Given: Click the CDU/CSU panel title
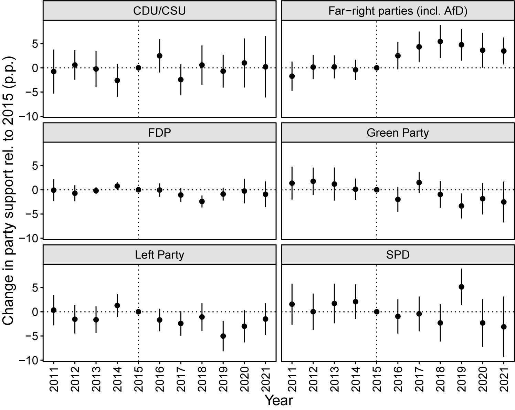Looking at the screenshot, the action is [159, 11].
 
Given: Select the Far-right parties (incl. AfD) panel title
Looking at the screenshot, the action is [398, 11].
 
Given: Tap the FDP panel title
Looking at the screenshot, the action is [159, 133].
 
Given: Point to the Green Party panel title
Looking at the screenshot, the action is [398, 133].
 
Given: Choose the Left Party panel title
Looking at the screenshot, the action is [159, 255].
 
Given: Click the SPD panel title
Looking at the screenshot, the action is [398, 255].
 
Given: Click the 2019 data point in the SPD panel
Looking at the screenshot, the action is [461, 287].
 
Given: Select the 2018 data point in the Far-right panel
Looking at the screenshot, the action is [440, 42].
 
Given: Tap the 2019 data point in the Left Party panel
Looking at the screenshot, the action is [223, 336].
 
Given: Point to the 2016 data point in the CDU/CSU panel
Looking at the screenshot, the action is [160, 56].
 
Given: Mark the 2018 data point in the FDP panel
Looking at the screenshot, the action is [202, 201].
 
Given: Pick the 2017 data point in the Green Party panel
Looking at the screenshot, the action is [419, 182].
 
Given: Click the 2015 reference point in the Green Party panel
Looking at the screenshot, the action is [377, 190].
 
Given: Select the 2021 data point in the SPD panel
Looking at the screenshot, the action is [504, 327].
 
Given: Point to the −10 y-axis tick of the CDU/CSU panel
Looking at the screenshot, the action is [29, 117].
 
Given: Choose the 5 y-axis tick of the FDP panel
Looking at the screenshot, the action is [35, 166].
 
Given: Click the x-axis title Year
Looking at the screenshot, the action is [279, 400].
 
